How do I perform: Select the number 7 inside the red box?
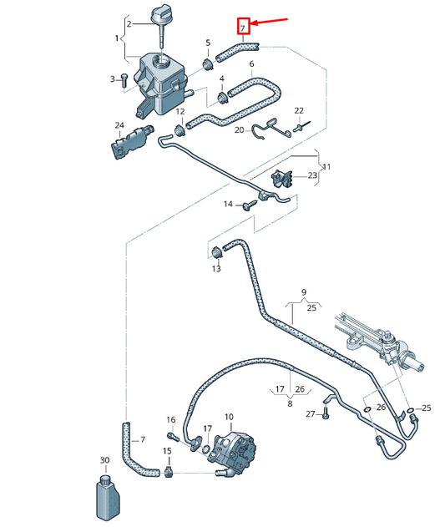242,28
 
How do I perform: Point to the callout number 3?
111,79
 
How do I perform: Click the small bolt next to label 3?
124,79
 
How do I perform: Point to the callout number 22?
299,110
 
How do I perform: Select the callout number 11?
326,167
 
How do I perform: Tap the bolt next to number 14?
248,204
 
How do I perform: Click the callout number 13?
216,269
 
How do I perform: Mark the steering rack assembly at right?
380,338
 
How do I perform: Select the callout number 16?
170,419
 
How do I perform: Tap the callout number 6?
251,64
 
